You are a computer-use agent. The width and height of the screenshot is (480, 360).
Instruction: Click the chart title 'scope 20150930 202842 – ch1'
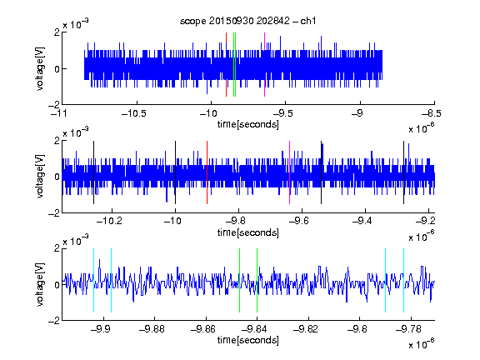coord(247,21)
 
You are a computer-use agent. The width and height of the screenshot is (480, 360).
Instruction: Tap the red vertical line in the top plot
coord(226,65)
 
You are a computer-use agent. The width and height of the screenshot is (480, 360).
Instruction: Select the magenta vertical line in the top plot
coord(264,65)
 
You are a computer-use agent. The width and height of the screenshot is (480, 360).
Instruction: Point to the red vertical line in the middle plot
coord(207,172)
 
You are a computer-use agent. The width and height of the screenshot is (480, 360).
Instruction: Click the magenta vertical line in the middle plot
coord(290,172)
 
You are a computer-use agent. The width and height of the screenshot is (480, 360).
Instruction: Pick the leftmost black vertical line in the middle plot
coord(93,172)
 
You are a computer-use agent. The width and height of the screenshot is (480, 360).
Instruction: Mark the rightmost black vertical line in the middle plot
coord(403,172)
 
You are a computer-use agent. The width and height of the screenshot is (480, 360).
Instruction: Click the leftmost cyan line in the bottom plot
coord(93,280)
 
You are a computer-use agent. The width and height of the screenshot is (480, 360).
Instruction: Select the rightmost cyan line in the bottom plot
coord(403,280)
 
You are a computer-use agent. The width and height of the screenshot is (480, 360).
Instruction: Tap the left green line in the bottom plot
coord(239,280)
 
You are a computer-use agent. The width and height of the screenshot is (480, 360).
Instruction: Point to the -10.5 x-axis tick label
coord(134,113)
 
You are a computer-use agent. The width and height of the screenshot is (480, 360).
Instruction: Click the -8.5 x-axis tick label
coord(432,113)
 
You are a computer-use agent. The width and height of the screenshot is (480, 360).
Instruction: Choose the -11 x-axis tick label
coord(60,113)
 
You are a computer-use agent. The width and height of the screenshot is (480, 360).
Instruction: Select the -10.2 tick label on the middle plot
coord(109,221)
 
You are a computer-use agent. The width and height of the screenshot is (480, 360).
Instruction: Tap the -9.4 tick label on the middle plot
coord(362,221)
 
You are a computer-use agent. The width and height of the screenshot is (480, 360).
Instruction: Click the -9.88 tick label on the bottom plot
coord(152,329)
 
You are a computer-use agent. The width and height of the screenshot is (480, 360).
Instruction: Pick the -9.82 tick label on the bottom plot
coord(306,329)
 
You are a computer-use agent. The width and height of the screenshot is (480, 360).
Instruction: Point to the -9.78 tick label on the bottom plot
coord(408,329)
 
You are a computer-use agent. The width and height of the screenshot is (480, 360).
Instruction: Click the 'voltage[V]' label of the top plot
coord(40,68)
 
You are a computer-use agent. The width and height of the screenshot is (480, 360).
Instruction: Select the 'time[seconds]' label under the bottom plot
coord(248,340)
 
